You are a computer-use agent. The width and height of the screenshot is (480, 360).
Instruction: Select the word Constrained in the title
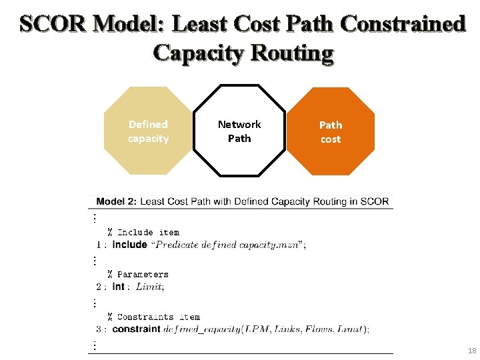coord(402,25)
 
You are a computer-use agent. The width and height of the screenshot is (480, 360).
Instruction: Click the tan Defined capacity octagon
coord(148,131)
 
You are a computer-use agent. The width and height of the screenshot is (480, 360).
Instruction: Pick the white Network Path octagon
coord(239,131)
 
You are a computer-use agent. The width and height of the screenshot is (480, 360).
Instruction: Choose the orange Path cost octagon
coord(331,131)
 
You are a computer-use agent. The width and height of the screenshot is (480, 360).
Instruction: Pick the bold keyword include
coord(130,245)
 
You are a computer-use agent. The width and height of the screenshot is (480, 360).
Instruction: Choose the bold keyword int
coord(119,287)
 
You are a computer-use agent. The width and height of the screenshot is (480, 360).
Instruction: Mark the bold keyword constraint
coord(137,329)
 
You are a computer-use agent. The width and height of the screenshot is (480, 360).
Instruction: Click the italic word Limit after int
coord(149,287)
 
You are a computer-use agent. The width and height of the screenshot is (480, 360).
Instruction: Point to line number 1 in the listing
coord(98,245)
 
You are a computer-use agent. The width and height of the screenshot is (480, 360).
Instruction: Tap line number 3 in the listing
coord(98,329)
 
